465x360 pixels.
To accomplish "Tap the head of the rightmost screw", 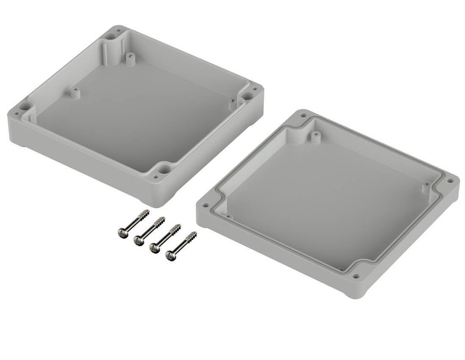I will (171, 257).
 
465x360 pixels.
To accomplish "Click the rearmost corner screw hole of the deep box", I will (115, 31).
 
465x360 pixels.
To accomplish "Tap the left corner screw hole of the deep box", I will (24, 108).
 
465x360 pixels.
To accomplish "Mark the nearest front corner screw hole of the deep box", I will (163, 169).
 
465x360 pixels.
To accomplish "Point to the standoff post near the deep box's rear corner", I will (130, 56).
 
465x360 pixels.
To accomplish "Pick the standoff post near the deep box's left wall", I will (71, 91).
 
